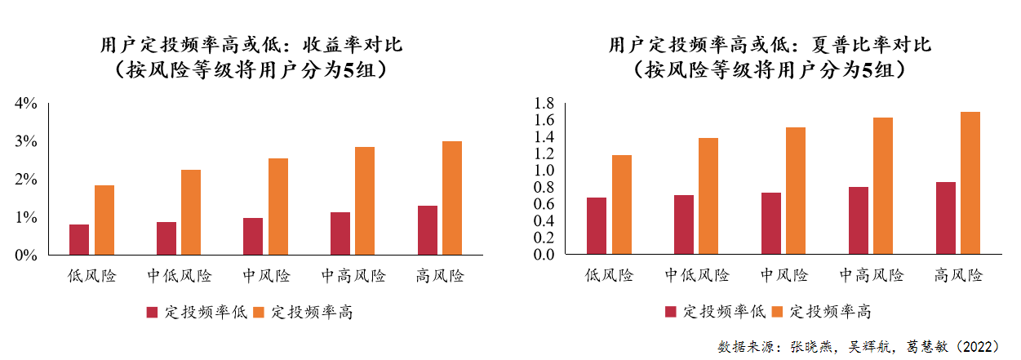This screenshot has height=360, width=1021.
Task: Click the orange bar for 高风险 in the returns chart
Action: (451, 198)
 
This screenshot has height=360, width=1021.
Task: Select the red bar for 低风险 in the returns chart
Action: (79, 239)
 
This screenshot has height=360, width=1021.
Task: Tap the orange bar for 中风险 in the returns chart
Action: (277, 207)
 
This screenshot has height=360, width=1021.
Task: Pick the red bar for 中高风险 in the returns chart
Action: (340, 233)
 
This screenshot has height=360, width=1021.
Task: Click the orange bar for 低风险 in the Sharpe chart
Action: (621, 204)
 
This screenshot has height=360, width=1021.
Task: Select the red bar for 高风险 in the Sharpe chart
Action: (945, 218)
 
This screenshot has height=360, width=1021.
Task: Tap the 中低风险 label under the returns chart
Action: (180, 276)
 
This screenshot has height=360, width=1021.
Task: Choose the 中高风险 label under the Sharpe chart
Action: (872, 275)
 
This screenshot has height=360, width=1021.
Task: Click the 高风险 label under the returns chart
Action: (440, 276)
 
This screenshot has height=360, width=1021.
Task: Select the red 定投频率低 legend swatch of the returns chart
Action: (152, 312)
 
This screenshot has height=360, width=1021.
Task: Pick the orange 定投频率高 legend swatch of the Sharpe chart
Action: (776, 311)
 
